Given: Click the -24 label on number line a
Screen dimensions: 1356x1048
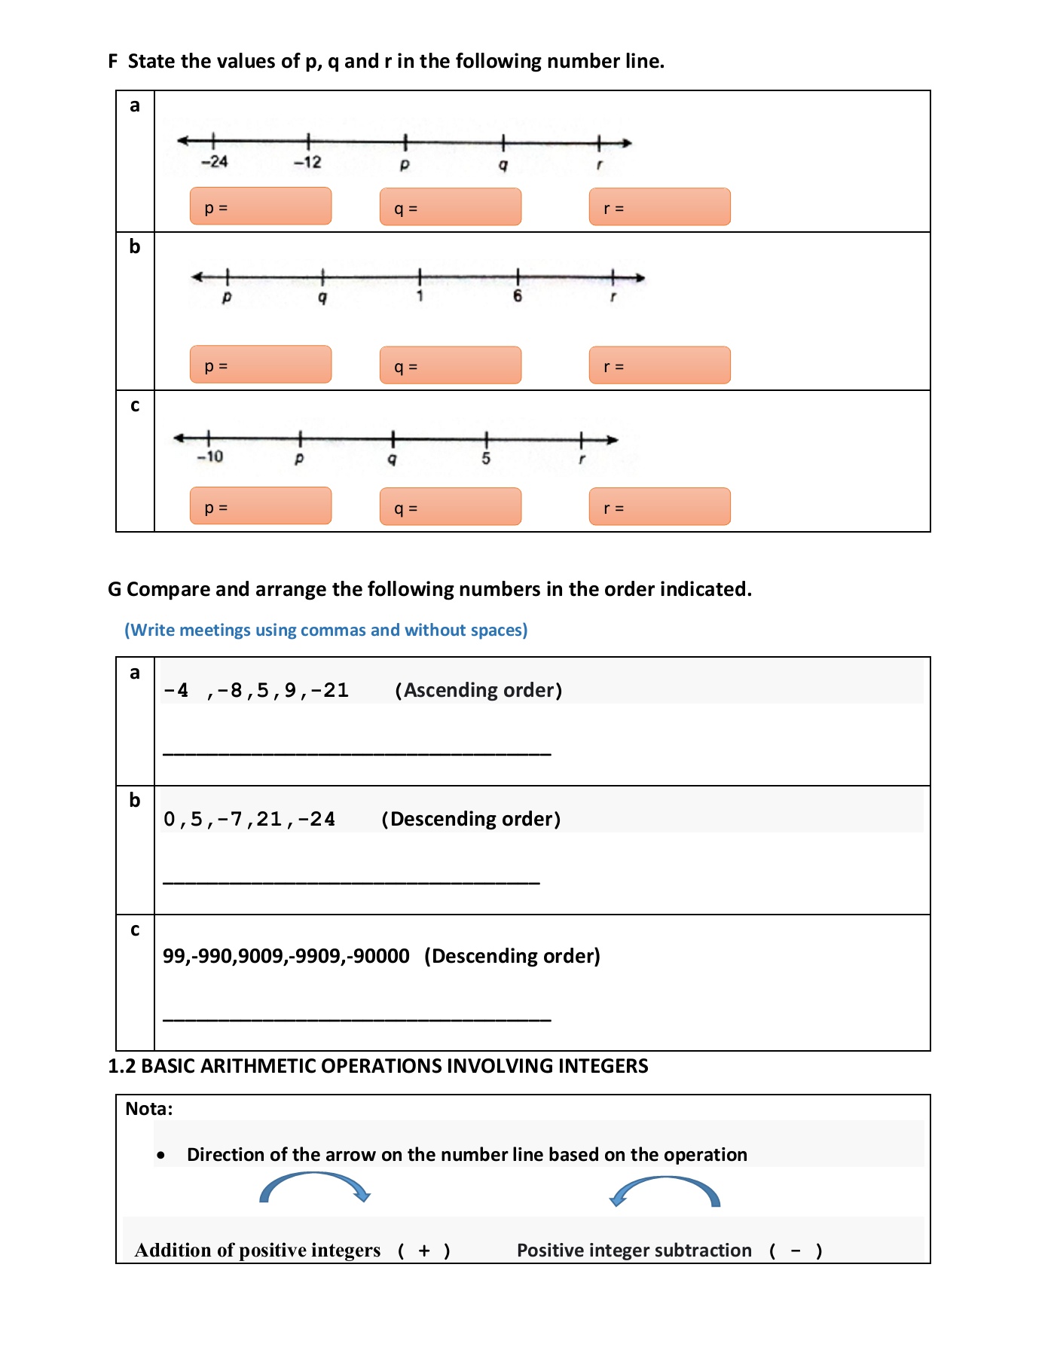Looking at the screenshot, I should [x=214, y=161].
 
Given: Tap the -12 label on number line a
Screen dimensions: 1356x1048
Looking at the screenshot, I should [x=307, y=162].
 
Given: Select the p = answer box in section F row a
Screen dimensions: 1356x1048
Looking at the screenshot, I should [x=260, y=206].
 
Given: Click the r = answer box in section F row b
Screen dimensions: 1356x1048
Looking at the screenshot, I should [x=659, y=365].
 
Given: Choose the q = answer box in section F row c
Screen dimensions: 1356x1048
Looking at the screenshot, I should [x=450, y=506].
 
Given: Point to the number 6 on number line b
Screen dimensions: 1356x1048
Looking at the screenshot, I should [x=518, y=296].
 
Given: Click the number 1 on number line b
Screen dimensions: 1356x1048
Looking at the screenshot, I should [x=420, y=296].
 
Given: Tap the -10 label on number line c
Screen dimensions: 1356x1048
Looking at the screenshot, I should [x=210, y=457].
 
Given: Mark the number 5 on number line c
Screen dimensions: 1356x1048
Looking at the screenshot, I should [x=486, y=458].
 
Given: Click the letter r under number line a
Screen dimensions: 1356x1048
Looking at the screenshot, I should [x=600, y=164].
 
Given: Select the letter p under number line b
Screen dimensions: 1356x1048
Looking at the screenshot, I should [x=227, y=298].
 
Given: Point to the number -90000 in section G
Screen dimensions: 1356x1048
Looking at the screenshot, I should [x=379, y=956].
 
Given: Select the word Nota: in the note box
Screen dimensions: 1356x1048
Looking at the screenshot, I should [x=148, y=1109].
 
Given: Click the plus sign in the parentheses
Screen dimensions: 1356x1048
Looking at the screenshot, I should [x=424, y=1251].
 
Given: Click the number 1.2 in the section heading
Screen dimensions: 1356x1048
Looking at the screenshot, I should [x=121, y=1066].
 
